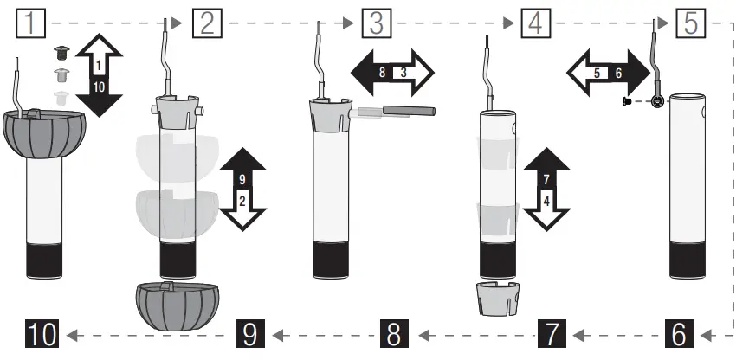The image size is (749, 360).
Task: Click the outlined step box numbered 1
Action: click(31, 22)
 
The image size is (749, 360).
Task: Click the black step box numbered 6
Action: click(681, 334)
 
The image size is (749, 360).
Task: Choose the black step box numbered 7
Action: click(553, 334)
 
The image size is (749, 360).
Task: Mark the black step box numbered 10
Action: click(42, 334)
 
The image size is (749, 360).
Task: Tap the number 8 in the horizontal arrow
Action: click(382, 73)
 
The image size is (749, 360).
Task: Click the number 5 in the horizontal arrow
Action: click(595, 74)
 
